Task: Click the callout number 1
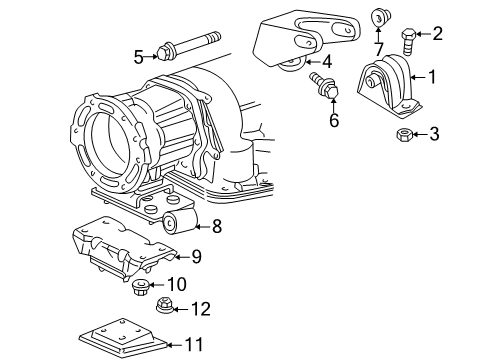click(x=432, y=75)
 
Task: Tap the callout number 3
click(x=433, y=134)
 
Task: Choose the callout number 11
click(x=193, y=345)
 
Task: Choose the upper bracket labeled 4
click(x=292, y=40)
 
